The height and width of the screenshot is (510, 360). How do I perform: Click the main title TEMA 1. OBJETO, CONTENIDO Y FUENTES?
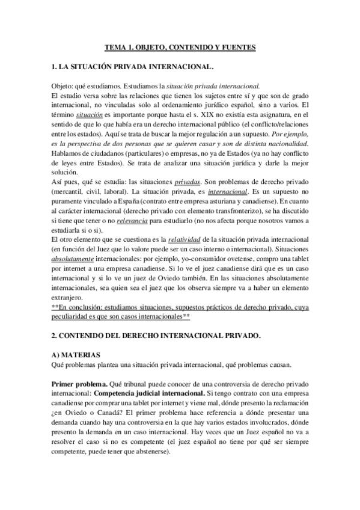(x=180, y=46)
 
